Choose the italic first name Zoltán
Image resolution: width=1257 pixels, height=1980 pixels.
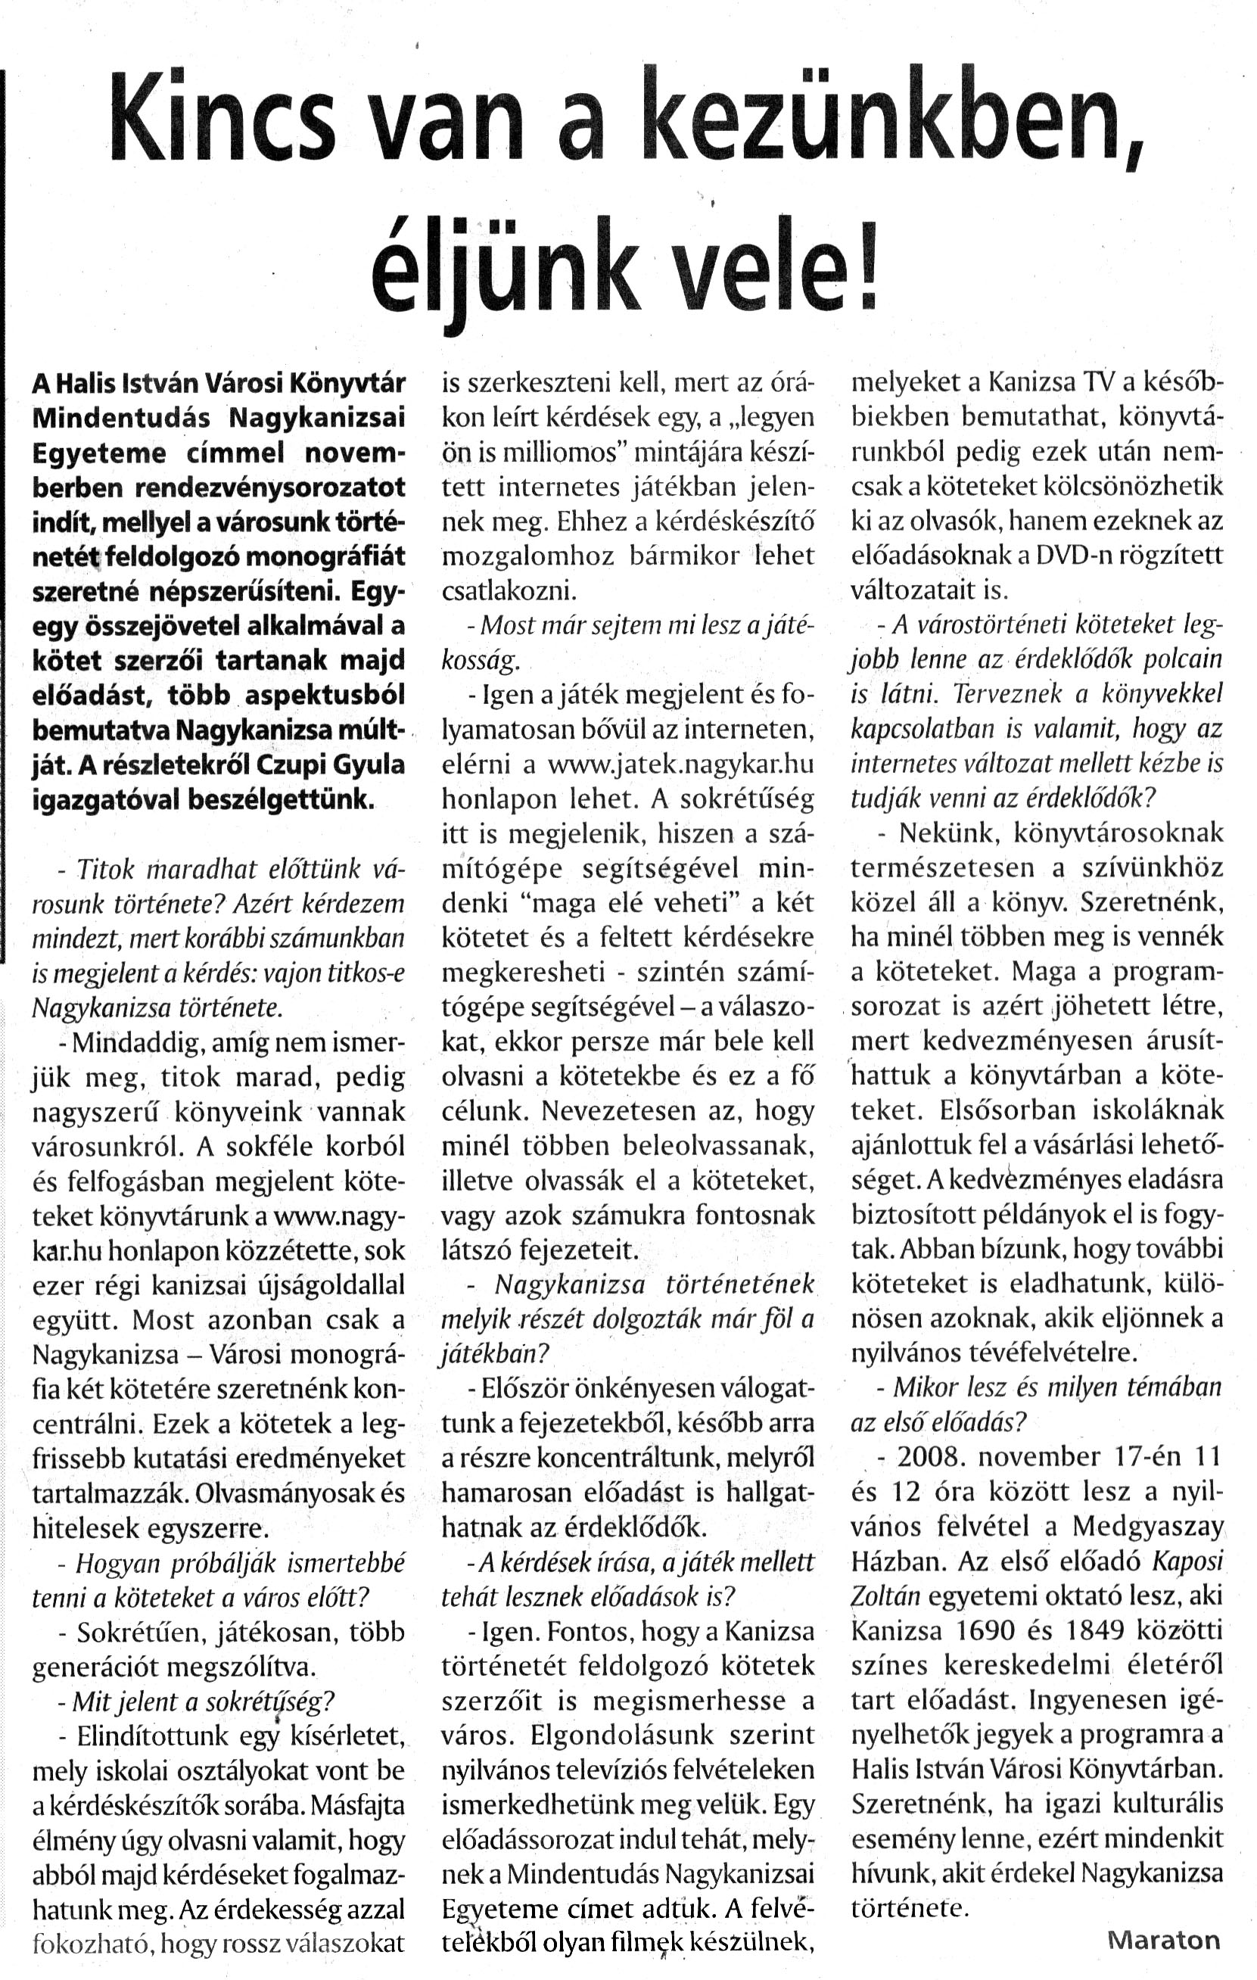[x=885, y=1596]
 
